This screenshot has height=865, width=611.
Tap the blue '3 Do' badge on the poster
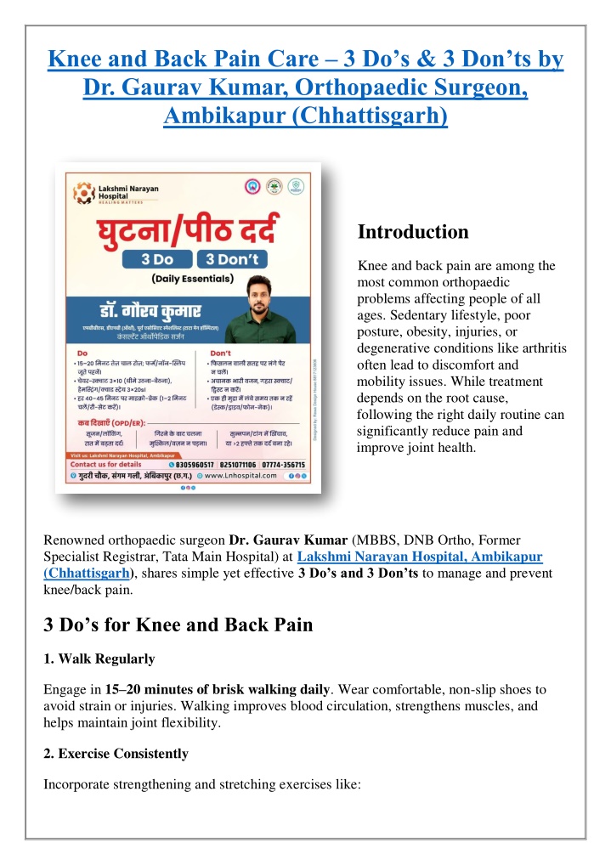pos(158,259)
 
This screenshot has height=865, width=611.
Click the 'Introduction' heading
pos(412,232)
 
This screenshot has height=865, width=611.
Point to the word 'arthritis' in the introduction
pos(540,347)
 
